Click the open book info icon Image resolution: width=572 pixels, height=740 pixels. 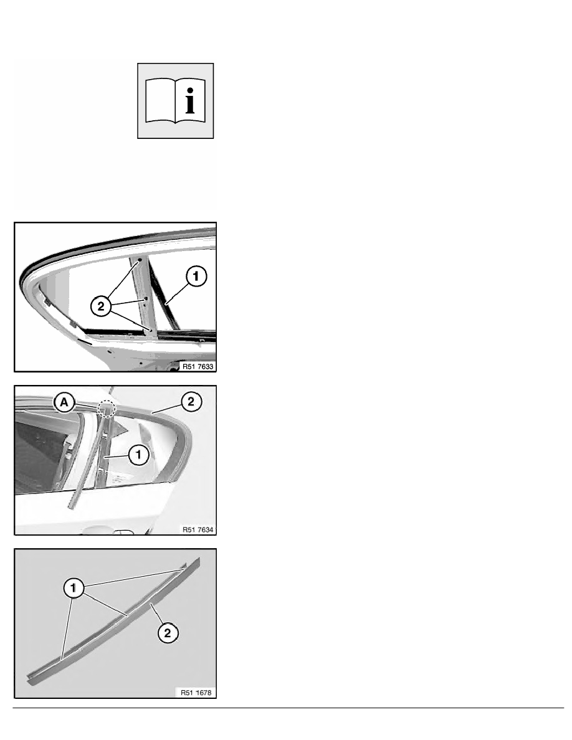point(176,100)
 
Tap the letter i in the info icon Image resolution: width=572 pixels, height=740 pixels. point(189,100)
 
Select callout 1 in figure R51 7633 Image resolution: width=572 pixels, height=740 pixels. point(196,276)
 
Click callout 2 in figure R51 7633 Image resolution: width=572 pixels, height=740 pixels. point(100,306)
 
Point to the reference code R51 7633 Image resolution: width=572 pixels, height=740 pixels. point(198,366)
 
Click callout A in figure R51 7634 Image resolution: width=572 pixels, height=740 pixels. point(64,403)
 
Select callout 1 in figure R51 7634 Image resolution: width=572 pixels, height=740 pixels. point(138,455)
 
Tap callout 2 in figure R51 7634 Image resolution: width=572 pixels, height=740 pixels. point(191,402)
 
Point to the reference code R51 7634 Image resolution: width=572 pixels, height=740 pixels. point(198,529)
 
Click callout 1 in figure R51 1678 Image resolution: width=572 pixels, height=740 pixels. point(73,588)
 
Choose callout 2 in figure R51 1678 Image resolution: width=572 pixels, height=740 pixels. point(168,633)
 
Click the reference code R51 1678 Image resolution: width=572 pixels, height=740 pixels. point(196,693)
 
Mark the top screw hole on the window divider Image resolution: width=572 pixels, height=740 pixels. point(140,260)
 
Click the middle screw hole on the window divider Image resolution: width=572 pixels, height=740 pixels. point(146,298)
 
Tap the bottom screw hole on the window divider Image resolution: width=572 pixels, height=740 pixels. point(151,330)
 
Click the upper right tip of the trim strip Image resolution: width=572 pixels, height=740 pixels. point(199,558)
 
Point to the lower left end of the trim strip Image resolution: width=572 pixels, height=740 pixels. point(30,682)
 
